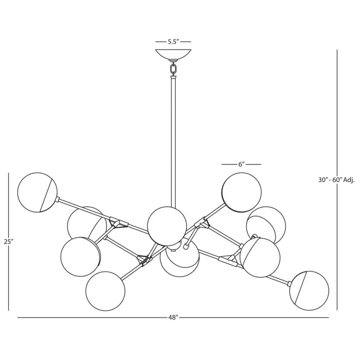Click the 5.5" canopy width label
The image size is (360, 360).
173,42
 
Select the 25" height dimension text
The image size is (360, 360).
9,242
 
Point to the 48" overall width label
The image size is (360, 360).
173,317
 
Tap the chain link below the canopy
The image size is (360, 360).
173,69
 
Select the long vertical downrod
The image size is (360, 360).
173,142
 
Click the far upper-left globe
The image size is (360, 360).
37,192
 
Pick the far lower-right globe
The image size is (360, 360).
309,290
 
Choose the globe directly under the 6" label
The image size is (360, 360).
242,192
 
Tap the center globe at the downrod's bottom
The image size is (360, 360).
167,226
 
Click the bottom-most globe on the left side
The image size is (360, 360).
105,291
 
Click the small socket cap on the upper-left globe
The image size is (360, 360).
58,200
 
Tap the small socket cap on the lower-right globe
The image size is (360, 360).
288,283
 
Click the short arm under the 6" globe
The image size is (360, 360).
213,211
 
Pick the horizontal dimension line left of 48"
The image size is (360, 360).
92,317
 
